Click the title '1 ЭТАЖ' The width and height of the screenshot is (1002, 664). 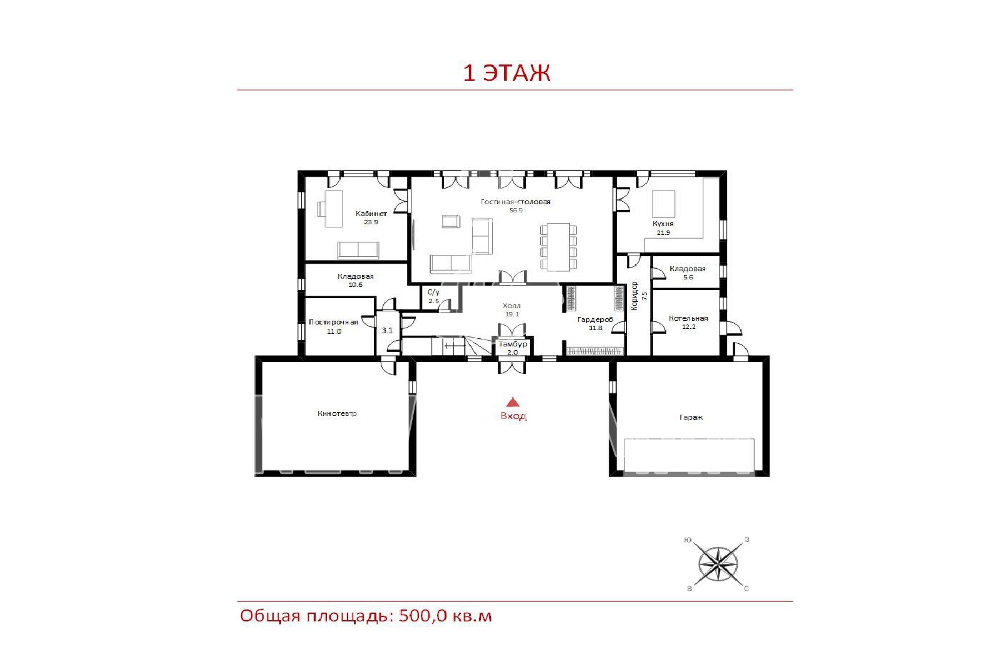(507, 73)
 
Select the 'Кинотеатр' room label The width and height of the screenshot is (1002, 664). (337, 413)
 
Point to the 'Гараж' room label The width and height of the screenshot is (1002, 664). (691, 417)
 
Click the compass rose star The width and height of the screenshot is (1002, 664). (718, 564)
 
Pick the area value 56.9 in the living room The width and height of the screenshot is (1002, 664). (516, 210)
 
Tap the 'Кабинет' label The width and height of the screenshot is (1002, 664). (371, 214)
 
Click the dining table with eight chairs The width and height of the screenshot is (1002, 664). (558, 247)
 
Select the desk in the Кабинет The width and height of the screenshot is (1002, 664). (334, 209)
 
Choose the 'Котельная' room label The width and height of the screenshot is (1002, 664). (688, 318)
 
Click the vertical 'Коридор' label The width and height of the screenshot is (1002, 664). (634, 296)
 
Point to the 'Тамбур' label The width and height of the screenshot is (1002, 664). (513, 344)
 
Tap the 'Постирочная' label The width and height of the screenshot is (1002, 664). (333, 322)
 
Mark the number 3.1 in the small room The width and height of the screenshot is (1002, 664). (387, 330)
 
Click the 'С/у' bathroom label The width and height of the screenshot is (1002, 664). (433, 292)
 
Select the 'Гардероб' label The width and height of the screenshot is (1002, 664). (595, 319)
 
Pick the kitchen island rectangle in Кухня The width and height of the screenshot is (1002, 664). (664, 204)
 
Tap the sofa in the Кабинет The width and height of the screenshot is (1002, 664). (358, 250)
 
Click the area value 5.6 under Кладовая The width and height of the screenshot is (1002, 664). (688, 277)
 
